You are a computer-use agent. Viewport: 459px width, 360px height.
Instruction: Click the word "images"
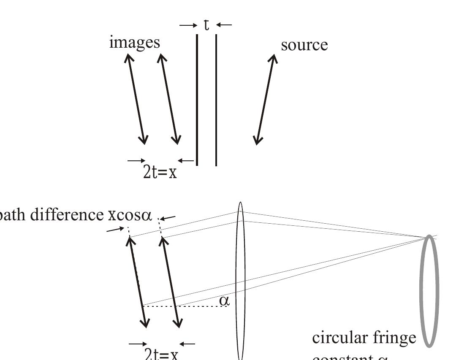[x=134, y=43]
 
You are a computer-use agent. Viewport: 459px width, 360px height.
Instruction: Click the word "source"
[x=304, y=45]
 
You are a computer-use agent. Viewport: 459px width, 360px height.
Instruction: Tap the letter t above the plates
[x=206, y=25]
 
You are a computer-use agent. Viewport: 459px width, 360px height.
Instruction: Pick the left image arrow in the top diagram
[x=136, y=99]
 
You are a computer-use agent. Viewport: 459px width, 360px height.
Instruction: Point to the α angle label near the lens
[x=224, y=300]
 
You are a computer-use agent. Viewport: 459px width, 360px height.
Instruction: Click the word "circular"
[x=338, y=338]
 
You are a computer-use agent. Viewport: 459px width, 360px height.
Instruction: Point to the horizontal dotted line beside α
[x=186, y=306]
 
